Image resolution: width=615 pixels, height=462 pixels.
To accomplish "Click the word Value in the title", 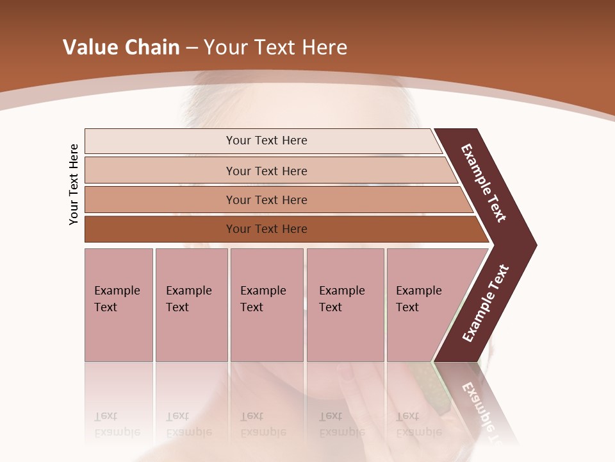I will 89,47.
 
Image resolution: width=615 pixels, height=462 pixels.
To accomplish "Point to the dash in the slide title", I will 192,48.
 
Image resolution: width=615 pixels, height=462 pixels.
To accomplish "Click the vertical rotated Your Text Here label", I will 74,184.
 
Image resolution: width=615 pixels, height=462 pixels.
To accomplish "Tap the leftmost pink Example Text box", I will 119,305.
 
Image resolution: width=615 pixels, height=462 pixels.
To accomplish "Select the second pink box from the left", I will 192,305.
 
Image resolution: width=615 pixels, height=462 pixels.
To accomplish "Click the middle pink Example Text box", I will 266,305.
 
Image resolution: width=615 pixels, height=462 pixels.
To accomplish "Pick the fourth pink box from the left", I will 345,305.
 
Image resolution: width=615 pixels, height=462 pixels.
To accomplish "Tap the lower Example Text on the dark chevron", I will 485,304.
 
